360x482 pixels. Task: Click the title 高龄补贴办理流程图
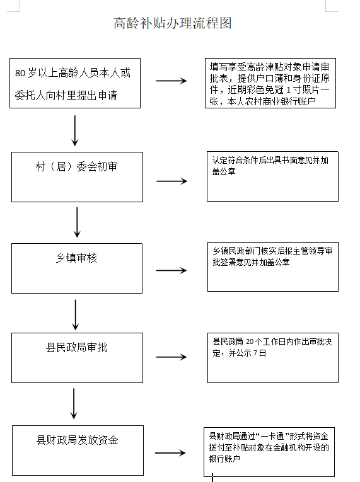(173, 23)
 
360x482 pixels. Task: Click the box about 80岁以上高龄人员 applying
(75, 83)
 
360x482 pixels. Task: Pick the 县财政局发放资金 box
(77, 450)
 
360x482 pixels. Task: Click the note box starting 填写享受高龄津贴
(271, 83)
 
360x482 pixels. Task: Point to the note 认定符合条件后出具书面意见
(272, 177)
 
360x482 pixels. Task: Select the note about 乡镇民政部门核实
(272, 268)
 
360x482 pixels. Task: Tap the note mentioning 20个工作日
(272, 357)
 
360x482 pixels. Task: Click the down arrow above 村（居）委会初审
(76, 130)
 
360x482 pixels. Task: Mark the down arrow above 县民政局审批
(76, 314)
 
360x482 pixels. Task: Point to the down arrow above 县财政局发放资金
(74, 403)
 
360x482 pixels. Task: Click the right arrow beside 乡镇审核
(171, 271)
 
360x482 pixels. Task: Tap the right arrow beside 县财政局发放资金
(170, 453)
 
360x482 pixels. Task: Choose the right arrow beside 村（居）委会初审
(171, 181)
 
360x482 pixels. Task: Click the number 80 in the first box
(21, 73)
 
